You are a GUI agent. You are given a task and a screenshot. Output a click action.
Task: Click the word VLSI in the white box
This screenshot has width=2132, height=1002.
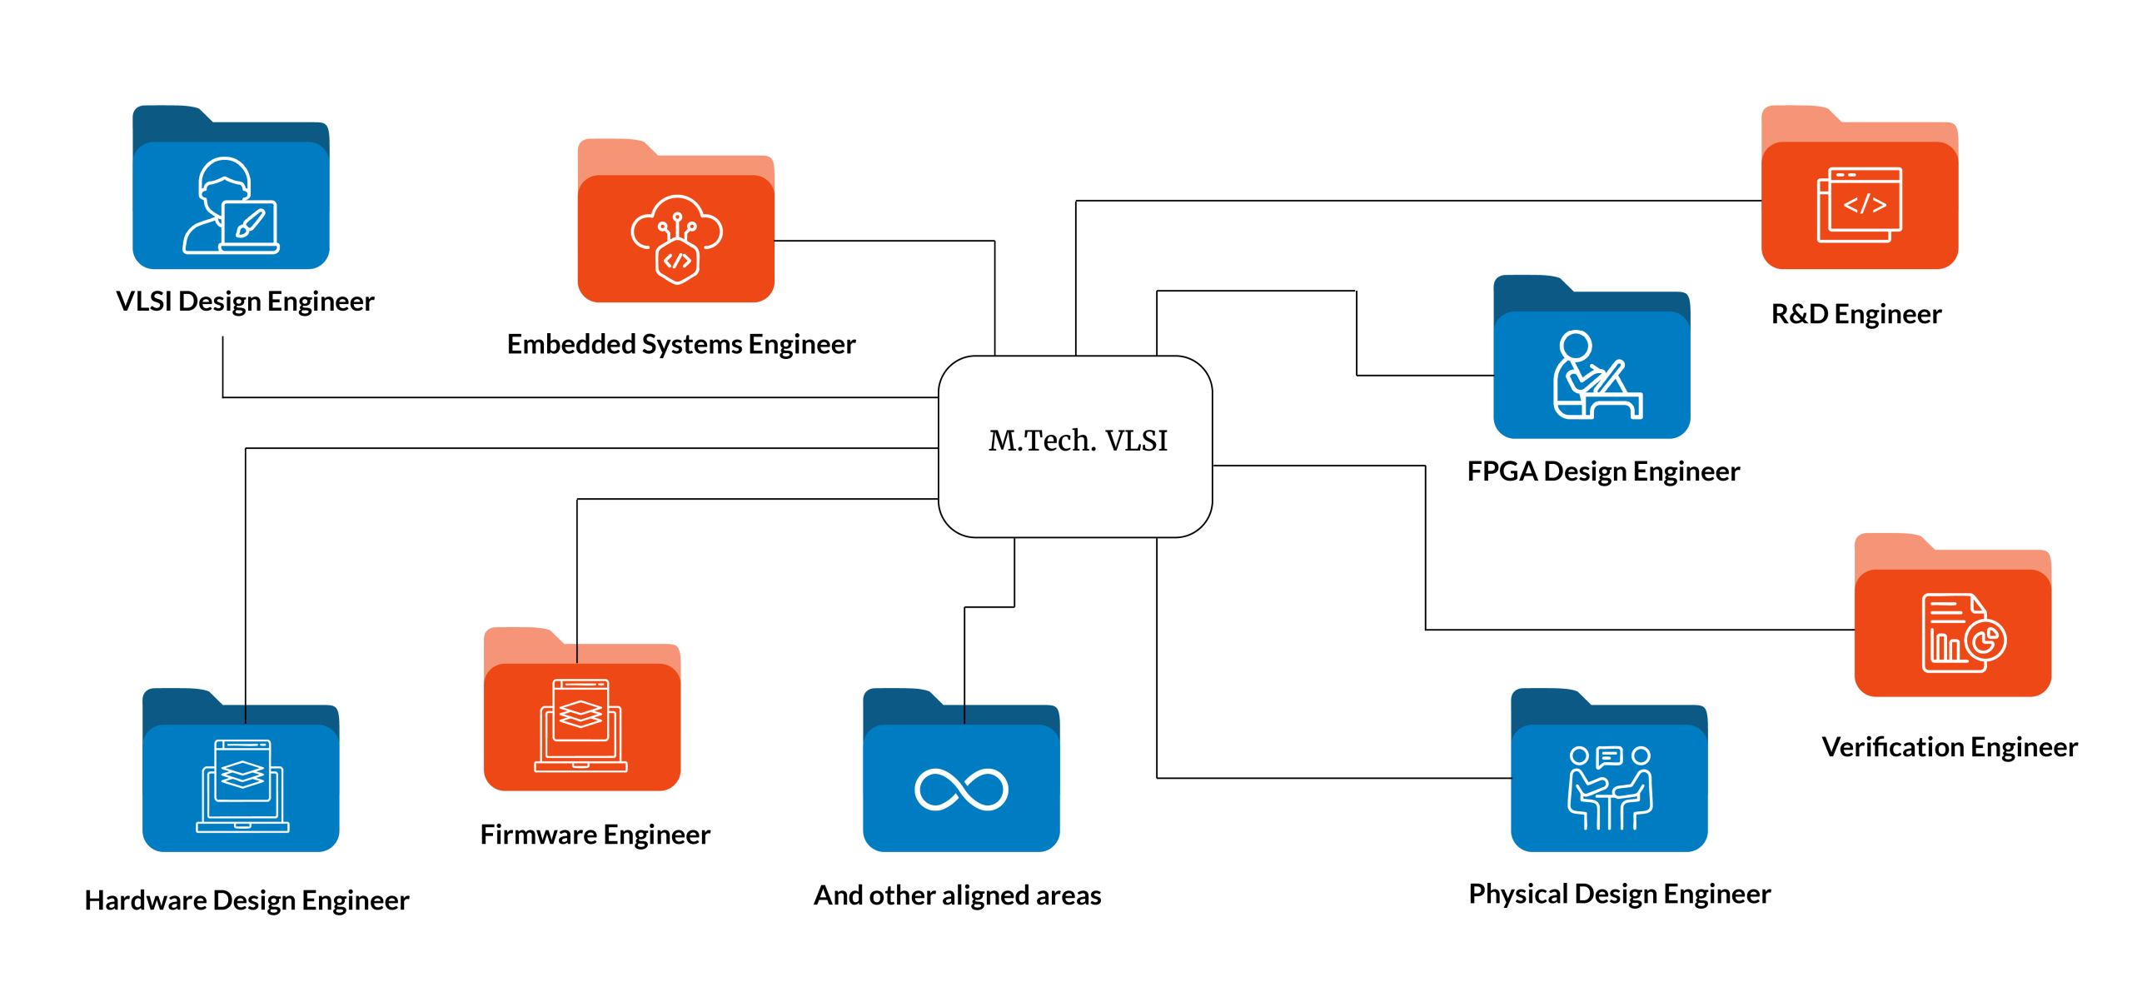coord(1136,441)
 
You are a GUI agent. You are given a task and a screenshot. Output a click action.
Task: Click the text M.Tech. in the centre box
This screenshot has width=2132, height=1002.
coord(1042,441)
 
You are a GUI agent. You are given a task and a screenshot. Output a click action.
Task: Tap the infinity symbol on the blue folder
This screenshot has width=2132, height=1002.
coord(961,789)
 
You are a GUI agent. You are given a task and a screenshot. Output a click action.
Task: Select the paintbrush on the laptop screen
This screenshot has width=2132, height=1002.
coord(250,223)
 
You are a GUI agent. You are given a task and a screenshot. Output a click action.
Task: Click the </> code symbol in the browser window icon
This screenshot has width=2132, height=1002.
coord(1864,205)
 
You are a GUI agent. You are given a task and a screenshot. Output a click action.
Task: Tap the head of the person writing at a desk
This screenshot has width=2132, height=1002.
coord(1575,345)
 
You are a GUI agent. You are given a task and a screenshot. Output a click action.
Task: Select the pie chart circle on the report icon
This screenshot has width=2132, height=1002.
coord(1986,641)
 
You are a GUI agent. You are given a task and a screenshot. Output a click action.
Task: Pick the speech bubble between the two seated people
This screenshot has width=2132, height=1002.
coord(1609,757)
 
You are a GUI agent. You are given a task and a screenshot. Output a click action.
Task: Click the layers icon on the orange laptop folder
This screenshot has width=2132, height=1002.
coord(580,714)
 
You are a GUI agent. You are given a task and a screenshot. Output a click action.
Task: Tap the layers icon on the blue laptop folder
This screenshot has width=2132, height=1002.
coord(242,775)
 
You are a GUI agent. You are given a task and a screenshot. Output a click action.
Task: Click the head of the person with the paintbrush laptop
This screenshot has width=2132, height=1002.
coord(224,178)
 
